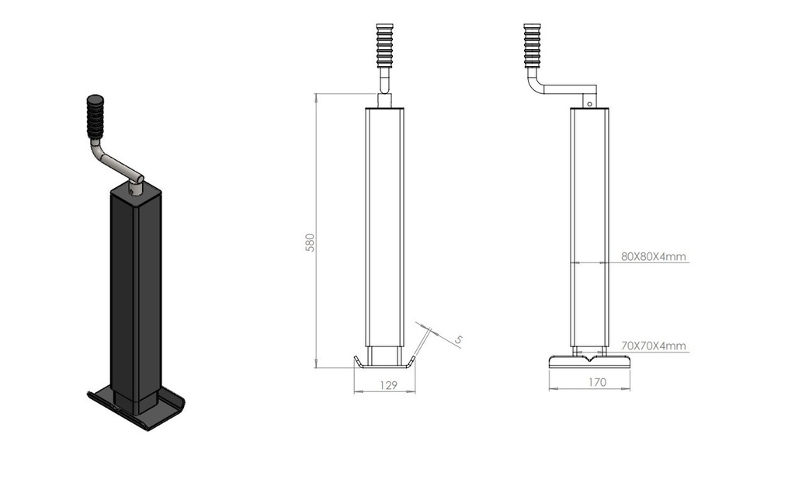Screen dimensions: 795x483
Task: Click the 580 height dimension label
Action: [311, 242]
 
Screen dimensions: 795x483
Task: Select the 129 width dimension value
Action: [388, 386]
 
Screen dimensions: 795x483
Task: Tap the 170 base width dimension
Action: [597, 383]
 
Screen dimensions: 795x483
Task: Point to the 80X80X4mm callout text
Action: [654, 257]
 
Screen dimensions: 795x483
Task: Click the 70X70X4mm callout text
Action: [654, 346]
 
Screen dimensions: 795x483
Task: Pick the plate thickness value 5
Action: [458, 339]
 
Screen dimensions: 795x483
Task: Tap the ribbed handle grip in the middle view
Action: [385, 45]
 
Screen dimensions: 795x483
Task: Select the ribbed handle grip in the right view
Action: [533, 45]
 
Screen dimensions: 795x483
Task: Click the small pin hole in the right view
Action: [590, 104]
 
